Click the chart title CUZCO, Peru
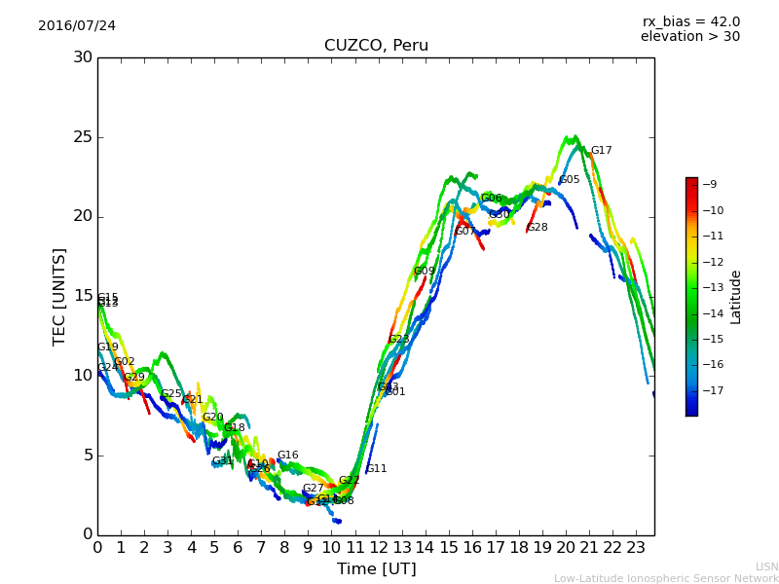(x=376, y=46)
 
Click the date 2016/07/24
(x=77, y=26)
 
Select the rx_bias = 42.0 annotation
(x=690, y=21)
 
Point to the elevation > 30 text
(x=689, y=37)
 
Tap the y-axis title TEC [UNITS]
(x=59, y=296)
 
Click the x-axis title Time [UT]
(x=376, y=569)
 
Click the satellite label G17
(x=601, y=151)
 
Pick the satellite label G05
(x=570, y=180)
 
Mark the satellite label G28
(x=538, y=228)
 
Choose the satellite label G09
(x=425, y=272)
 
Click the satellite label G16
(x=287, y=456)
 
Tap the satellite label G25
(x=171, y=394)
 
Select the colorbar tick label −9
(x=709, y=185)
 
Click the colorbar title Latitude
(x=736, y=297)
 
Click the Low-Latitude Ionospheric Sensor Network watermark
(x=666, y=579)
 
